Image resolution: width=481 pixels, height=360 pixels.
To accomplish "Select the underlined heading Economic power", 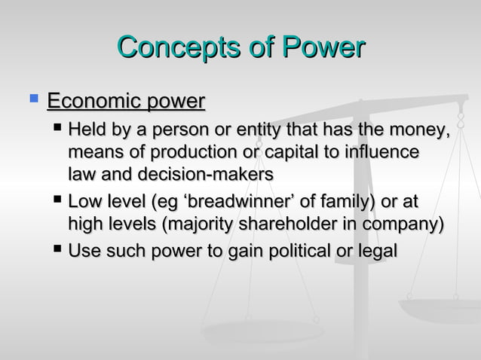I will pyautogui.click(x=126, y=101).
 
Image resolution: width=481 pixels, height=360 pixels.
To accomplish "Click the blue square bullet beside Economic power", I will pyautogui.click(x=32, y=98).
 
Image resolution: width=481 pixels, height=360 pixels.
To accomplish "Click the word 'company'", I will pyautogui.click(x=412, y=224).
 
